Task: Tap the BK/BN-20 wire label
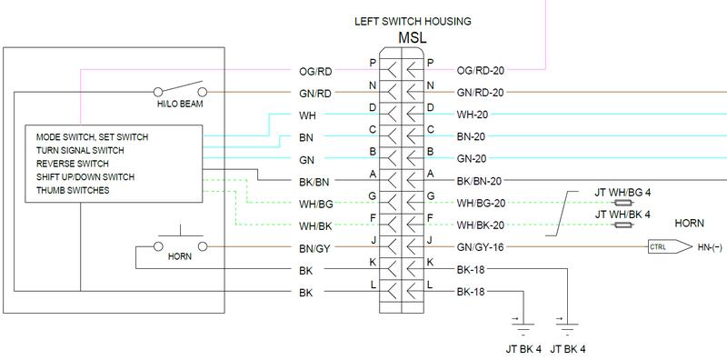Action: coord(480,181)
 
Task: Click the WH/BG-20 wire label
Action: coord(480,202)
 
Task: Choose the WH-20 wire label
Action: coord(473,115)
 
